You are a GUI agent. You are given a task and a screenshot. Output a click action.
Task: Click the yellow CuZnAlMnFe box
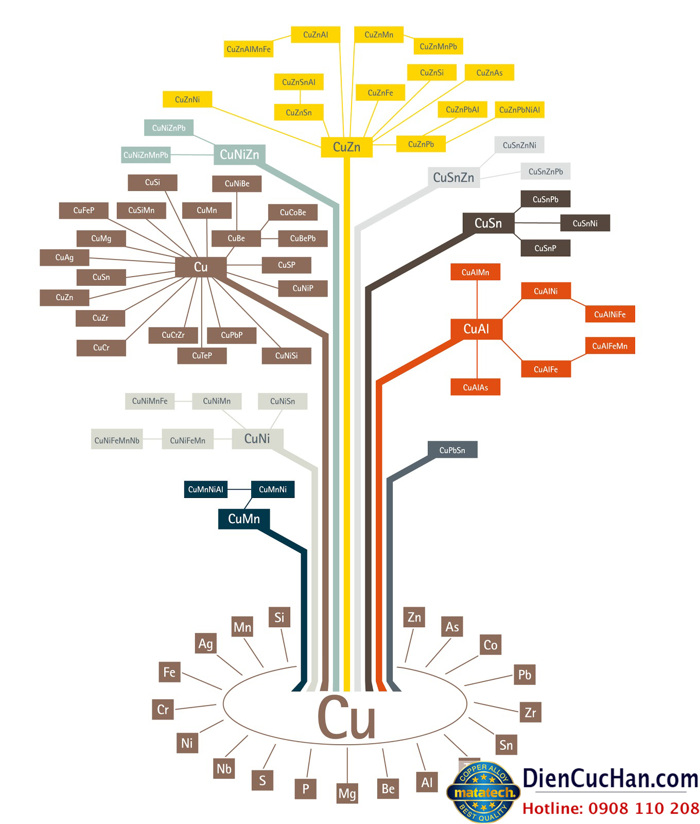pyautogui.click(x=249, y=49)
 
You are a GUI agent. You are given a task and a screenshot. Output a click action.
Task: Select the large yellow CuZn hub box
pyautogui.click(x=346, y=147)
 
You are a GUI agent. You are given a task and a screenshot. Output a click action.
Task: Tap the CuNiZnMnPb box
pyautogui.click(x=146, y=155)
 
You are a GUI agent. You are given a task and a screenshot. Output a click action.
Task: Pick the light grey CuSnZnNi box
pyautogui.click(x=519, y=145)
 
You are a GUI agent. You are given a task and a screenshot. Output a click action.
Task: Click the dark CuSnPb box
pyautogui.click(x=545, y=199)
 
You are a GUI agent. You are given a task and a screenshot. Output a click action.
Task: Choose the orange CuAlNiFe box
pyautogui.click(x=610, y=314)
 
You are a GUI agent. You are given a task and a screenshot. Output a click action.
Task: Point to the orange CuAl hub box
pyautogui.click(x=476, y=329)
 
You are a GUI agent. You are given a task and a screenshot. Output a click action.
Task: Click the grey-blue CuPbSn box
pyautogui.click(x=452, y=450)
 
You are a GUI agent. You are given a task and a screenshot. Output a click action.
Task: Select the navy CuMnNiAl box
pyautogui.click(x=206, y=489)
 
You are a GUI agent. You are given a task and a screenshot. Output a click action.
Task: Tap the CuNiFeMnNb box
pyautogui.click(x=117, y=440)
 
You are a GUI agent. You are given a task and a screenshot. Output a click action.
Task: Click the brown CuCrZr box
pyautogui.click(x=173, y=335)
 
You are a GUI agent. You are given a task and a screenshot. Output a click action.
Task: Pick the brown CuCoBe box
pyautogui.click(x=293, y=212)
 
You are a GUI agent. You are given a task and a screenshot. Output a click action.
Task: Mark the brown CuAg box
pyautogui.click(x=64, y=257)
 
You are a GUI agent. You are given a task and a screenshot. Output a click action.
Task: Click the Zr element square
pyautogui.click(x=530, y=713)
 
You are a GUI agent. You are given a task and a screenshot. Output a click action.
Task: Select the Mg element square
pyautogui.click(x=347, y=794)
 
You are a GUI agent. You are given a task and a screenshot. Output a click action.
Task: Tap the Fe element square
pyautogui.click(x=169, y=672)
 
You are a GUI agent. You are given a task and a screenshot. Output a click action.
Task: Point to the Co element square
pyautogui.click(x=491, y=645)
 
